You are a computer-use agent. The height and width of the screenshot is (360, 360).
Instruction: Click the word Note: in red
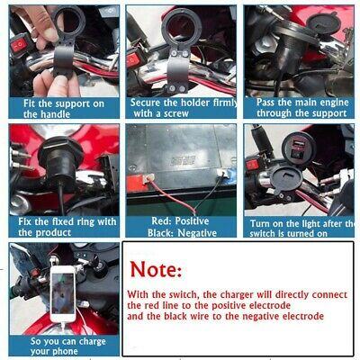tap(156, 269)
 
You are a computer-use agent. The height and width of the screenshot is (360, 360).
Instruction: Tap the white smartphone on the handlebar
tap(63, 294)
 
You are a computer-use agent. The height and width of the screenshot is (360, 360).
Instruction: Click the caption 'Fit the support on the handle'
tap(64, 109)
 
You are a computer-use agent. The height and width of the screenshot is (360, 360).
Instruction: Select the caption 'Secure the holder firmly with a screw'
tap(184, 108)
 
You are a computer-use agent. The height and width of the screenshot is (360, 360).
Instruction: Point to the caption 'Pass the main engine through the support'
tap(302, 108)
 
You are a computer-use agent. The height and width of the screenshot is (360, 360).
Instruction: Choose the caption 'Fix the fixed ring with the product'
tap(67, 227)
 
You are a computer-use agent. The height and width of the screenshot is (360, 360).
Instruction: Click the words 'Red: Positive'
tap(180, 221)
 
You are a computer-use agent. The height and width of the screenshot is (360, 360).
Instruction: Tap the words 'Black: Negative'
tap(182, 233)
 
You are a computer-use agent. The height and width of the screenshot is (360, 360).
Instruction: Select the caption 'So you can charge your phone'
tap(67, 346)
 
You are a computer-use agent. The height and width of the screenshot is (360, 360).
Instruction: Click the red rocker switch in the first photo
tap(20, 45)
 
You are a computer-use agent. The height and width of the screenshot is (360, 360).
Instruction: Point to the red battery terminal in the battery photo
tap(137, 184)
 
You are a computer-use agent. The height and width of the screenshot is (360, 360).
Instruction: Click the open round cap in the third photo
tap(325, 23)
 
